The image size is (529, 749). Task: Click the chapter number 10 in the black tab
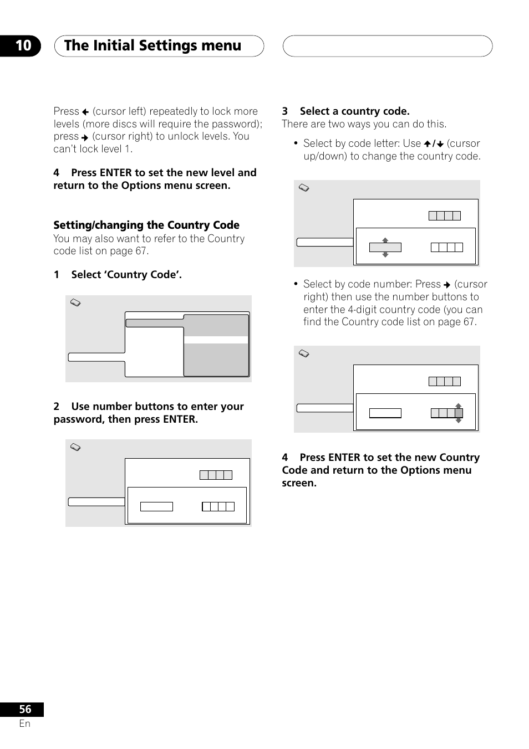pos(23,45)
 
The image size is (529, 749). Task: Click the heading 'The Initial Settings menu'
pos(152,46)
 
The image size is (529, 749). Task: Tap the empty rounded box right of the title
pos(387,46)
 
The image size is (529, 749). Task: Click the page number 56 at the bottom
pos(25,709)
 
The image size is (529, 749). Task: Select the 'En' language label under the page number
pos(25,724)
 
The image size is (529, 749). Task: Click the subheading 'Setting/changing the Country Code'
pos(146,225)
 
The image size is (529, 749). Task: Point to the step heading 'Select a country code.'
pos(354,111)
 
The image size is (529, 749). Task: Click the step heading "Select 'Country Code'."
pos(126,274)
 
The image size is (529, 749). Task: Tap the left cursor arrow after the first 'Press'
pos(85,112)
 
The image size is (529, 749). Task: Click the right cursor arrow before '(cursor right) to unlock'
pos(85,137)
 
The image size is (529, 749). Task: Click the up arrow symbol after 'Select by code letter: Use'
pos(428,144)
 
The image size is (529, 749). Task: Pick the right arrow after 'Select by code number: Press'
pos(447,285)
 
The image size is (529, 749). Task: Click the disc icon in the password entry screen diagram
pos(76,447)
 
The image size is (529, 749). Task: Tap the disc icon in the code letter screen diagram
pos(304,188)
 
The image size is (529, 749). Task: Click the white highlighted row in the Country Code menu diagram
pos(216,340)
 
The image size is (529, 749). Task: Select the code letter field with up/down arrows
pos(385,248)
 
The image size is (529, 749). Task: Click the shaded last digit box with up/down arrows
pos(459,413)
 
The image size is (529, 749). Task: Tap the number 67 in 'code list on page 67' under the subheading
pos(141,251)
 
